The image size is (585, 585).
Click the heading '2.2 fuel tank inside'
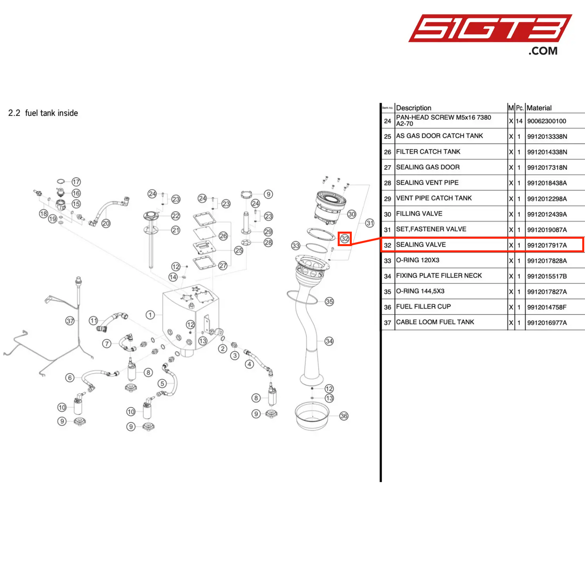[43, 113]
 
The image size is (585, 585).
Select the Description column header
[413, 108]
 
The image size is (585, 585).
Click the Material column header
[539, 108]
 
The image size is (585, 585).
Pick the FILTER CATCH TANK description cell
[428, 152]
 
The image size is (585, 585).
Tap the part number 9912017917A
[547, 245]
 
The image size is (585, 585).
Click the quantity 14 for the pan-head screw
[519, 121]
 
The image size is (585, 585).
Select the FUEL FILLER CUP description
[423, 307]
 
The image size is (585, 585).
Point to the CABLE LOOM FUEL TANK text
[435, 322]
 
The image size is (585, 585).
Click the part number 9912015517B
[547, 277]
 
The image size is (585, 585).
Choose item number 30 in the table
[387, 214]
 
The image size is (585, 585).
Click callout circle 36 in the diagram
[344, 416]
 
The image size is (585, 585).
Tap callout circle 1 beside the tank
[150, 315]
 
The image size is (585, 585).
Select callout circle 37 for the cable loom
[70, 321]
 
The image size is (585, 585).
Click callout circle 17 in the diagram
[76, 182]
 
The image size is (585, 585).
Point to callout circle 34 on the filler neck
[329, 341]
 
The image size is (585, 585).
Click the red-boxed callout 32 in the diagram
[345, 239]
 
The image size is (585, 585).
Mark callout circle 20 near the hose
[106, 223]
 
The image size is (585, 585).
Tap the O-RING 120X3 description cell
[417, 260]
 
